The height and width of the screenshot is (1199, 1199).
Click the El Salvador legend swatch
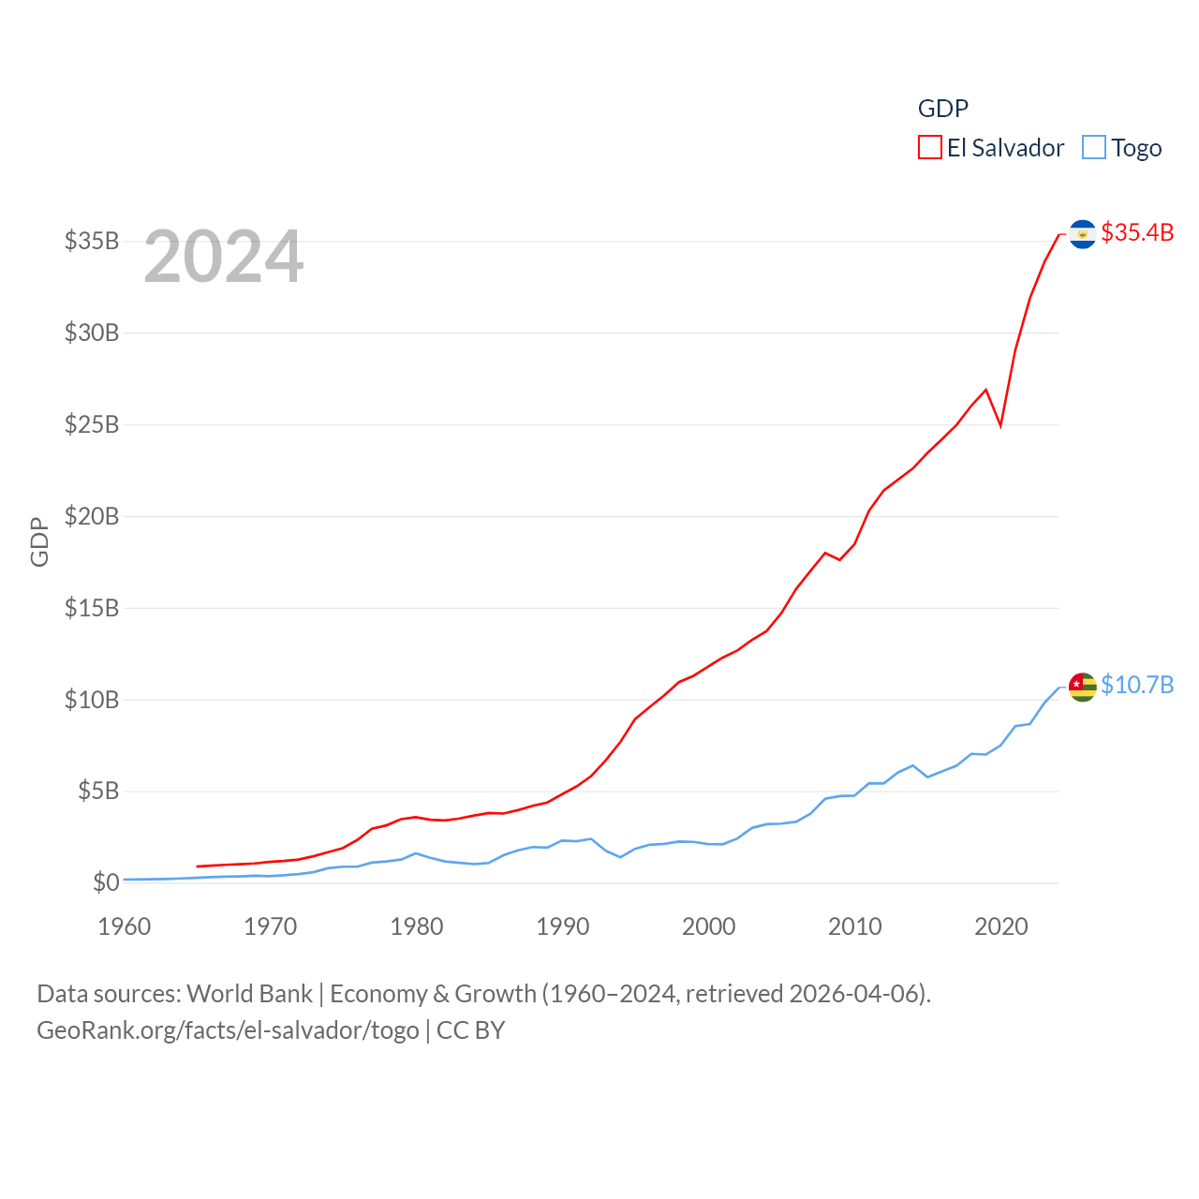click(x=929, y=148)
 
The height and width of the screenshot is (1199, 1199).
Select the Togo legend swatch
click(x=1093, y=148)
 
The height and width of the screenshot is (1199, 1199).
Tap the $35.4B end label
click(x=1137, y=232)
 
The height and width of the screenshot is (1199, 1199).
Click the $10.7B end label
click(x=1137, y=685)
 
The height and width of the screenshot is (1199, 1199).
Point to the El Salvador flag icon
click(x=1082, y=234)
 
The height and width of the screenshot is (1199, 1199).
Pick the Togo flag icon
click(x=1082, y=687)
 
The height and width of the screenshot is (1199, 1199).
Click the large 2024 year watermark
click(x=224, y=257)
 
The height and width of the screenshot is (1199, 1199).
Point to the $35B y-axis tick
click(x=92, y=241)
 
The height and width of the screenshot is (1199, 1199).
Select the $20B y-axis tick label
click(x=92, y=516)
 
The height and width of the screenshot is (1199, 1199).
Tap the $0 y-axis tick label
click(x=106, y=882)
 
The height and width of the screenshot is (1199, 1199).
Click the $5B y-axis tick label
click(x=98, y=791)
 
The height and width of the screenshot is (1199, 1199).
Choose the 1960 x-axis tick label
click(x=125, y=926)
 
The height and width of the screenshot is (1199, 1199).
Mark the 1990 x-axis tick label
click(x=563, y=926)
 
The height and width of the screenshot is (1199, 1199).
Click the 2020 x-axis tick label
click(x=1001, y=926)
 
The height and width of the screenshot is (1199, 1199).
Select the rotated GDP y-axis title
click(x=39, y=541)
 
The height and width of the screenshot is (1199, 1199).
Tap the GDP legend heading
click(x=942, y=109)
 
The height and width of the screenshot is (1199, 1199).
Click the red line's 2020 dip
click(x=1000, y=424)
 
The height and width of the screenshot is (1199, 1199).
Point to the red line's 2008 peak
click(x=825, y=553)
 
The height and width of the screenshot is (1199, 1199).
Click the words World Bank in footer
click(x=249, y=993)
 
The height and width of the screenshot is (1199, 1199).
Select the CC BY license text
click(x=471, y=1030)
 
